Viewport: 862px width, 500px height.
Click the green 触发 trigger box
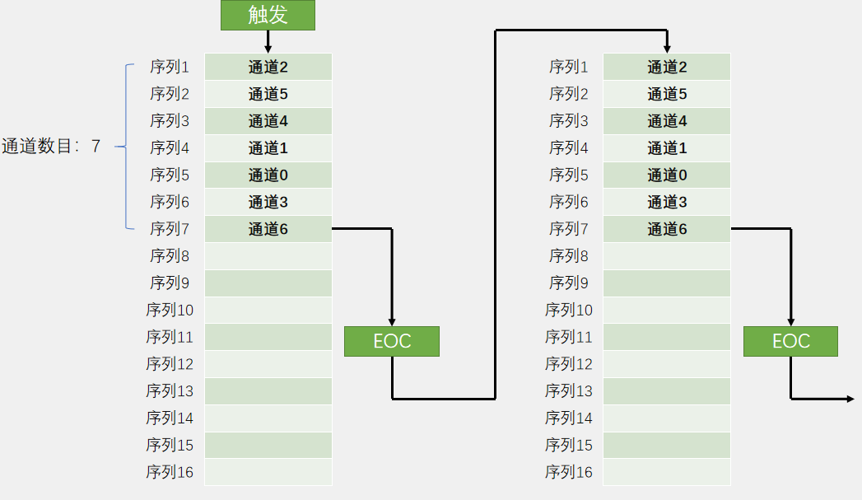click(268, 15)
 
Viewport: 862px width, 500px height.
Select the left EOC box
click(392, 341)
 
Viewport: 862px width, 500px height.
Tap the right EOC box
click(790, 341)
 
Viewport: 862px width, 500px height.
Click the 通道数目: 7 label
click(51, 147)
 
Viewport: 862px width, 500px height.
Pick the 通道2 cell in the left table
click(268, 67)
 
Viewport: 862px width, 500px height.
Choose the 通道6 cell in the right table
click(667, 229)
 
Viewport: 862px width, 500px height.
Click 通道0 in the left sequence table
click(268, 175)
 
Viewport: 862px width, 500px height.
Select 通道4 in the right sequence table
click(667, 121)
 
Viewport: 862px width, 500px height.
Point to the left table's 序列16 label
click(170, 472)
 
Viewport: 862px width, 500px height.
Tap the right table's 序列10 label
click(568, 310)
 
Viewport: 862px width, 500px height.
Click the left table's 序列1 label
click(170, 67)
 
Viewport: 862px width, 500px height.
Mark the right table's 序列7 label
click(568, 229)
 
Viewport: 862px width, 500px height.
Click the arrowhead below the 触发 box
click(268, 49)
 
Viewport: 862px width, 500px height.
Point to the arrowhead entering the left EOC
click(392, 322)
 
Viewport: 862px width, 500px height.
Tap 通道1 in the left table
click(268, 148)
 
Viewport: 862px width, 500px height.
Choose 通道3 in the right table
click(667, 202)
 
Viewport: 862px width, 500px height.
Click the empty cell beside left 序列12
click(268, 364)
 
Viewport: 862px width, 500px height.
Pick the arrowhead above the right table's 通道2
click(667, 49)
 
